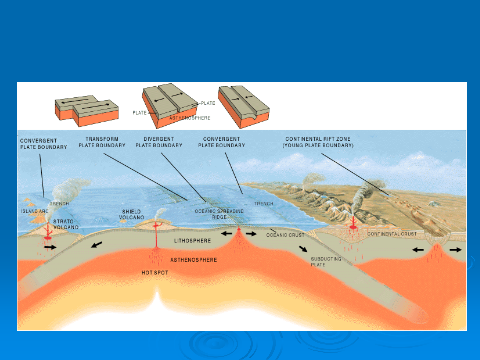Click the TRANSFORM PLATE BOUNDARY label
(102, 142)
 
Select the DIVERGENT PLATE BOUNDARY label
(159, 142)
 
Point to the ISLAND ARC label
(35, 211)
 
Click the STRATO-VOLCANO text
(66, 224)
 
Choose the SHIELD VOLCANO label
(131, 214)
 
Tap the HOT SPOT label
(155, 273)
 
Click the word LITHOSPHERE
(192, 241)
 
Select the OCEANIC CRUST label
(285, 235)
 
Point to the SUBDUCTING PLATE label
(326, 262)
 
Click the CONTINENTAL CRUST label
(392, 234)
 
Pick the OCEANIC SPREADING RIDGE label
(219, 214)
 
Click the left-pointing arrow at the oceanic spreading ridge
(227, 234)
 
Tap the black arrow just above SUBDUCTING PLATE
(303, 249)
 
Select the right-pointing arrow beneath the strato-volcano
(50, 247)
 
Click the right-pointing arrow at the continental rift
(456, 249)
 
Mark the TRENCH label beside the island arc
(59, 204)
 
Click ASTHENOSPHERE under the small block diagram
(190, 118)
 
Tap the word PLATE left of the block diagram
(139, 113)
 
